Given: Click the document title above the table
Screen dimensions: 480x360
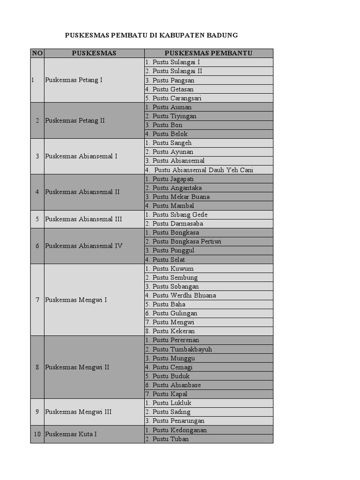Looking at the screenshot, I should [151, 35].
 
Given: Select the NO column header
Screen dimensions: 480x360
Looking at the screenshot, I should [37, 53].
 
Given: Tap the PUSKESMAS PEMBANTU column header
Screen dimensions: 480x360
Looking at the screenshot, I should [208, 53].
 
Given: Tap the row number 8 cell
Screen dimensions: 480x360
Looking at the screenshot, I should [37, 367].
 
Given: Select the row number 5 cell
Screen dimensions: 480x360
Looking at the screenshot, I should [37, 219].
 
